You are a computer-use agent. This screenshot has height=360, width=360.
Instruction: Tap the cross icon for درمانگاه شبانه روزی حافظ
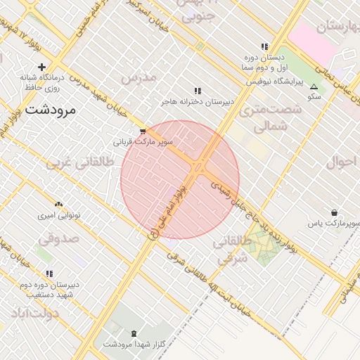tap(42, 67)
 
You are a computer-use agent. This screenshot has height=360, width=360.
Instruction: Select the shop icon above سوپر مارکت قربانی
tap(143, 131)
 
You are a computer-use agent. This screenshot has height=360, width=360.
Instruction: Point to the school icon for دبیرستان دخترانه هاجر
tap(198, 91)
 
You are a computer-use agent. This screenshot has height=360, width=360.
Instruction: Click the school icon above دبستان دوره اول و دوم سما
tap(264, 47)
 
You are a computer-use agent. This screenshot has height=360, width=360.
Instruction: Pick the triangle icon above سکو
tap(314, 86)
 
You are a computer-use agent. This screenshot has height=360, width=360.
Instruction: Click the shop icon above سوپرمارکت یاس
tap(333, 213)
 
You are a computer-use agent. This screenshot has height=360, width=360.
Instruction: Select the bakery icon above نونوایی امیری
tap(59, 203)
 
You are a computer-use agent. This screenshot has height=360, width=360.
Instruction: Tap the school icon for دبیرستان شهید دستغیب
tap(49, 274)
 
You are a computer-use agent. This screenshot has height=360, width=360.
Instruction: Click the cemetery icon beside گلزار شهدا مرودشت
tap(134, 333)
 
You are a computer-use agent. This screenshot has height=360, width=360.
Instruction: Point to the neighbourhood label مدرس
tap(138, 78)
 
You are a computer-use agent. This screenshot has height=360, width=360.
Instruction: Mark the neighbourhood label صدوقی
tap(59, 238)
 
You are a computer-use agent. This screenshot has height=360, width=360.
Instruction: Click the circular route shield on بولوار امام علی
tap(154, 234)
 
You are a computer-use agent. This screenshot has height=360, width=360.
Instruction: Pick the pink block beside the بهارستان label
tap(313, 42)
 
